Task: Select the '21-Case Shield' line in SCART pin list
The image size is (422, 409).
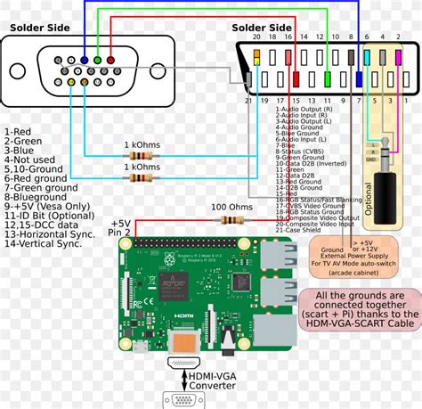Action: pos(297,230)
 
